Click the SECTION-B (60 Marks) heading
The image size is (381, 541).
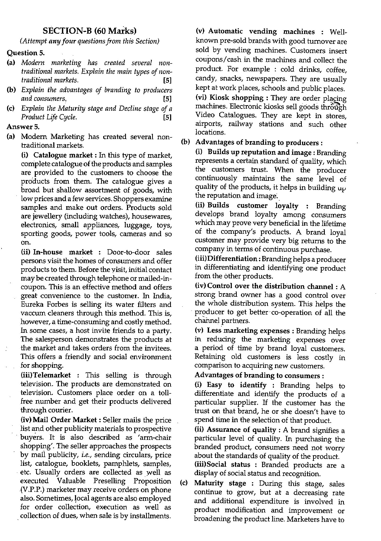[90, 31]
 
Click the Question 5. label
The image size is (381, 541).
[26, 53]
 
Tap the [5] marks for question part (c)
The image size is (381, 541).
[167, 118]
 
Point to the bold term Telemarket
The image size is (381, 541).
[46, 375]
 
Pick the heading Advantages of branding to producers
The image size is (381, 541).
[257, 143]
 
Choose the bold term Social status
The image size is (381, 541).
[222, 465]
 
